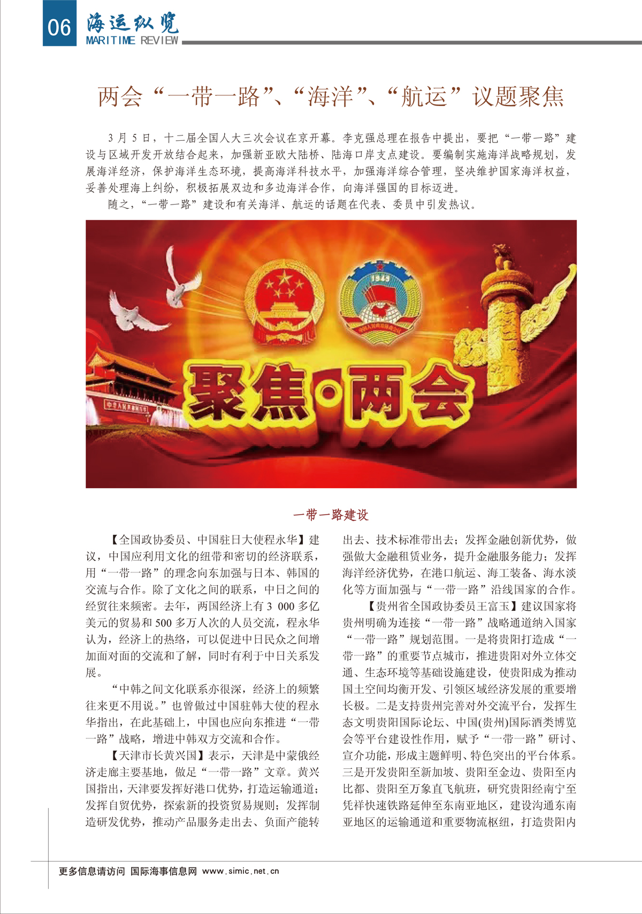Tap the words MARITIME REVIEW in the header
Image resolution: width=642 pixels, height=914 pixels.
tap(132, 41)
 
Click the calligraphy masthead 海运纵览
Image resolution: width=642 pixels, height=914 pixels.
tap(133, 22)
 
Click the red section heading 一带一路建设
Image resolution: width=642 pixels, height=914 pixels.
tap(331, 515)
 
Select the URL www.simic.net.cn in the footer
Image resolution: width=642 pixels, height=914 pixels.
tap(241, 871)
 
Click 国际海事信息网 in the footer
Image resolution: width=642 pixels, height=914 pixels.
tap(164, 871)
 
